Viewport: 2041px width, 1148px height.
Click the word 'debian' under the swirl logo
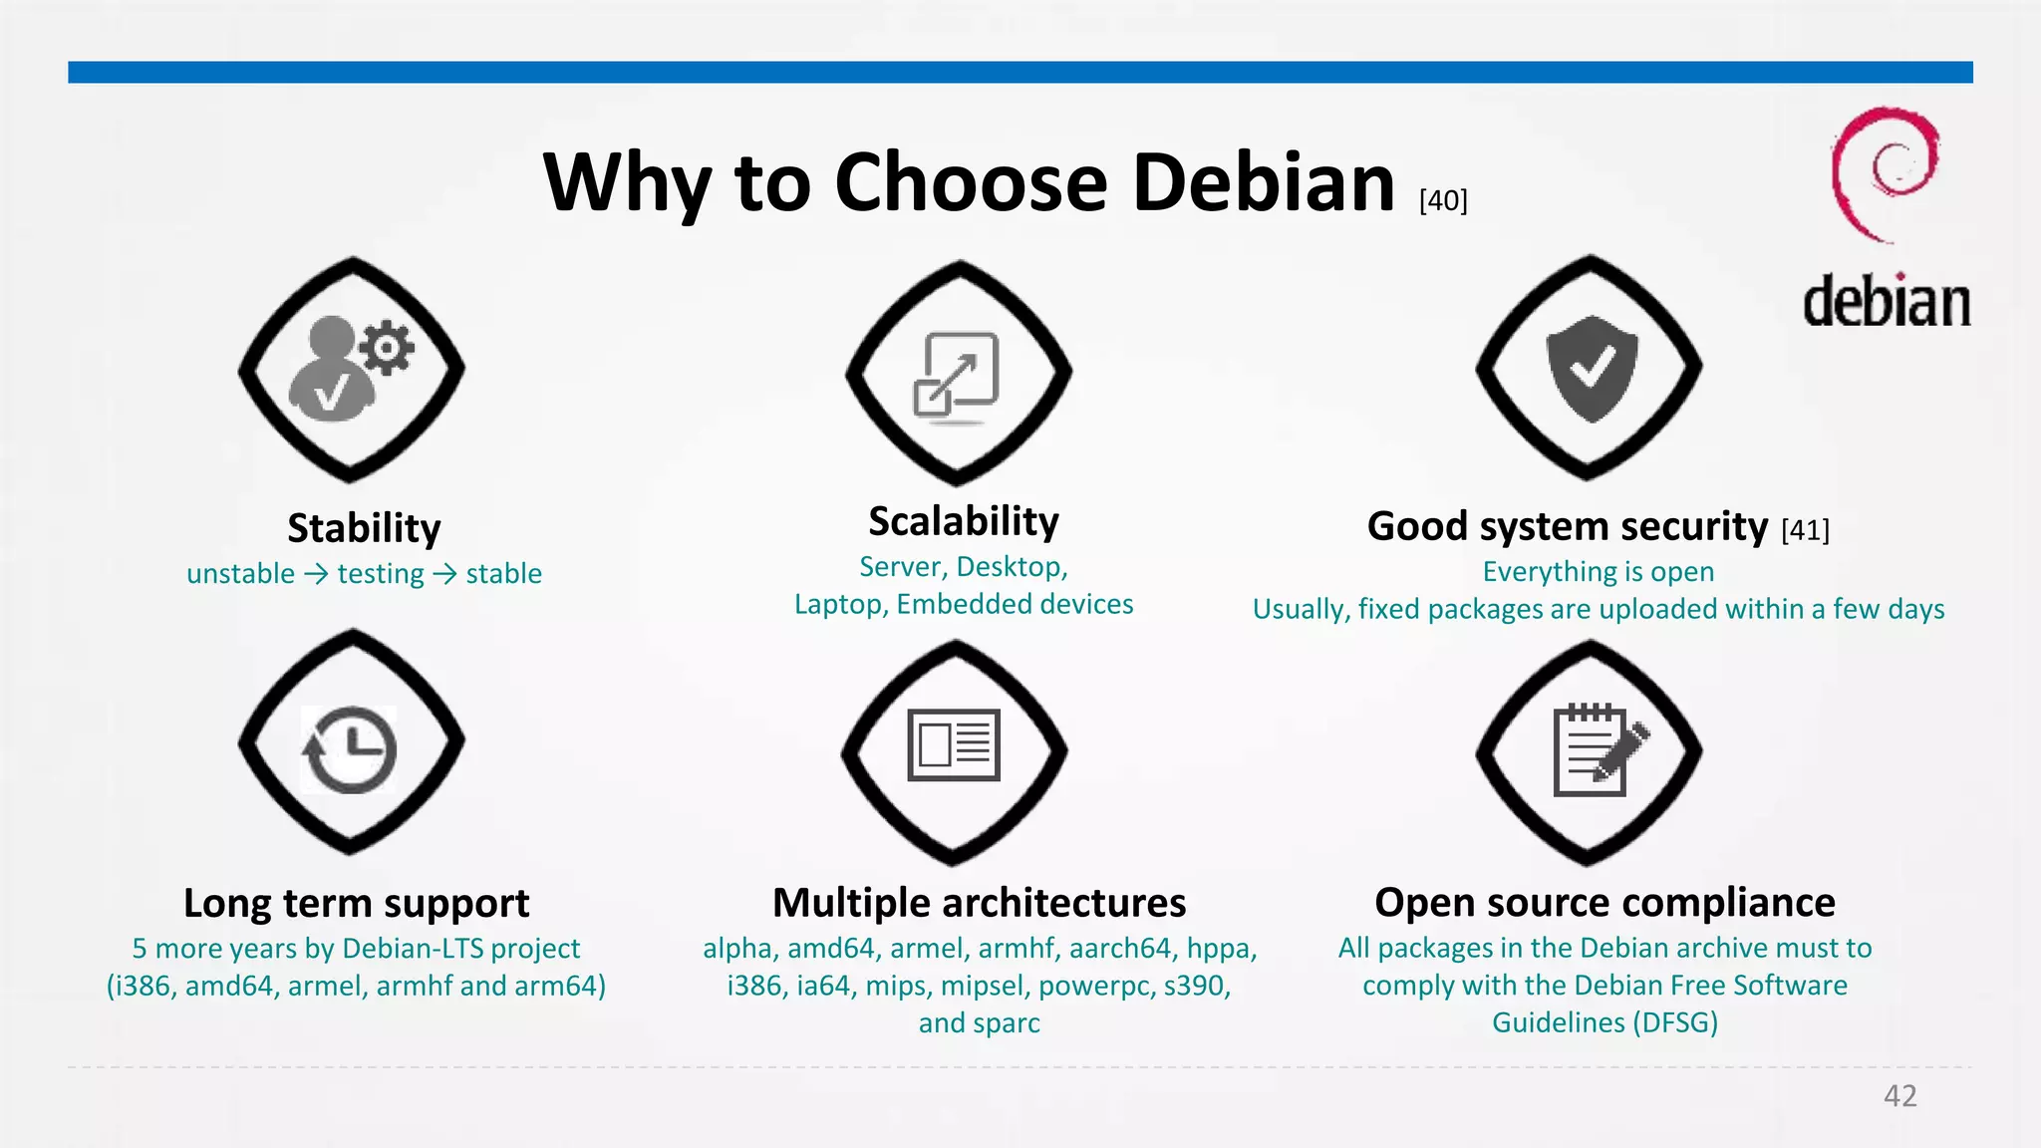point(1887,302)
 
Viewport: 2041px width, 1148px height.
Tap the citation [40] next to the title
point(1443,200)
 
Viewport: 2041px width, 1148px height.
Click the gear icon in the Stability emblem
point(387,348)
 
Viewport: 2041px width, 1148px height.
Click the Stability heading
point(364,528)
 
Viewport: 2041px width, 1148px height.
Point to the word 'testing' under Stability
point(381,574)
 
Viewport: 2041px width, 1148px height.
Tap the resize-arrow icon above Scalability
point(956,375)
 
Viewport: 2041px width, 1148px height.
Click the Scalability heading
point(964,521)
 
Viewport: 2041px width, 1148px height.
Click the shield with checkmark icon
point(1592,368)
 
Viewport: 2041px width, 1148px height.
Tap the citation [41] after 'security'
point(1805,530)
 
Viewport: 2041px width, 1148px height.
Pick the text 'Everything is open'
point(1598,572)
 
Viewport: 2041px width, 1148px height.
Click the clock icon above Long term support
point(350,749)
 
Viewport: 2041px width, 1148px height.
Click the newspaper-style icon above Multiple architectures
point(954,745)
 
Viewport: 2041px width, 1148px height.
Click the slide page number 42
point(1899,1096)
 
